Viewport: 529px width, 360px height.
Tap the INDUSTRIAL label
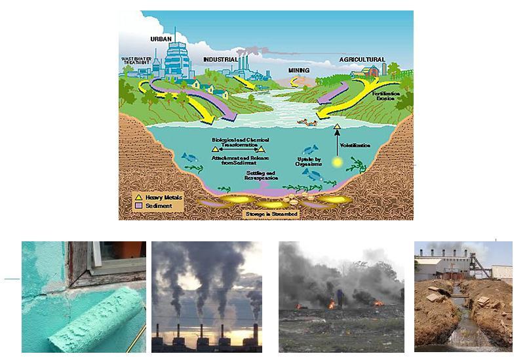coord(220,59)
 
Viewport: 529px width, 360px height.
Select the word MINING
coord(298,70)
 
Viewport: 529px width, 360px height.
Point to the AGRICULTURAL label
coord(362,60)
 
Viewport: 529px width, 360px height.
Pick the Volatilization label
coord(355,145)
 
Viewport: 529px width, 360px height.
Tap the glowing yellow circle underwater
coord(337,162)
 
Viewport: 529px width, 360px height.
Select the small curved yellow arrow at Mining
coord(295,81)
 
